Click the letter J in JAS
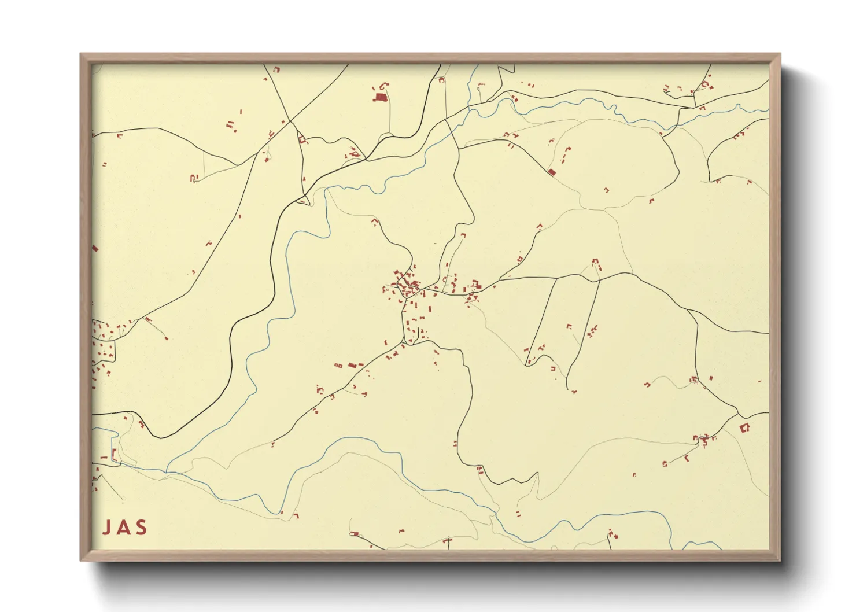(106, 528)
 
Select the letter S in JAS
(141, 528)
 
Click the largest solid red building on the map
(380, 97)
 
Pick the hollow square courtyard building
(744, 428)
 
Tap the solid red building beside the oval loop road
(552, 172)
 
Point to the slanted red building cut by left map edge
(95, 248)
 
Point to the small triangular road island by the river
(303, 201)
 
